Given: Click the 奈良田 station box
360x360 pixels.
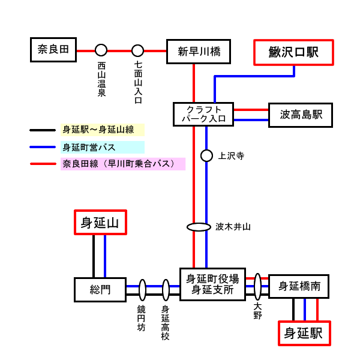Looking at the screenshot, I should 54,50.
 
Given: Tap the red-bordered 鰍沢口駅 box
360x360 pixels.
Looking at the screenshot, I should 294,52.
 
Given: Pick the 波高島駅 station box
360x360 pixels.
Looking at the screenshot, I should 301,115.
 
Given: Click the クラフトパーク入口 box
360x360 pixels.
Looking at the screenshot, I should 203,114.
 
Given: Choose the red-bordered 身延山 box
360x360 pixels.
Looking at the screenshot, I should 100,223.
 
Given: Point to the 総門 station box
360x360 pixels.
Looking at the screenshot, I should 100,290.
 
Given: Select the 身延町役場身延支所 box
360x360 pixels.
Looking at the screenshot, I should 213,284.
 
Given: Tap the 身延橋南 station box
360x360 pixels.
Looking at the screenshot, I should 299,287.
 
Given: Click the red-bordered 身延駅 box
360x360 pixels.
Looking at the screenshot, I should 304,333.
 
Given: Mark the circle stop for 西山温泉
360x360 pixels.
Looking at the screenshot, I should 101,50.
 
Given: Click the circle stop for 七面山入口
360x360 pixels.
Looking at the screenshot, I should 138,50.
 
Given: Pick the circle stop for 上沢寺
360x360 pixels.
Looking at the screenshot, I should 206,156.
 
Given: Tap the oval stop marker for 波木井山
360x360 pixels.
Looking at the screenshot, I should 199,227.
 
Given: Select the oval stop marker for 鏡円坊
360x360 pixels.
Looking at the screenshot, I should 143,290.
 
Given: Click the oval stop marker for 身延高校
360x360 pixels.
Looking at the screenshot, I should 166,290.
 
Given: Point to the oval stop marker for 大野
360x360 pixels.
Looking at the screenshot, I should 257,287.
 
